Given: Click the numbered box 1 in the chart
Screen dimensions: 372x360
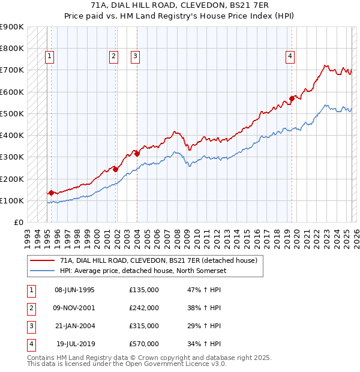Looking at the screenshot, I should tap(49, 57).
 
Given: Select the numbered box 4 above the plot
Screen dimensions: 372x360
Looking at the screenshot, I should tap(290, 57).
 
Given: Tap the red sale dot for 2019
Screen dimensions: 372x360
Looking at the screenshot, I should tap(292, 98).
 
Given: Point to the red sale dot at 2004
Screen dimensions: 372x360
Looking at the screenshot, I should tap(137, 154).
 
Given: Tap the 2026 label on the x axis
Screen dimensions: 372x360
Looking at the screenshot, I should tap(355, 235).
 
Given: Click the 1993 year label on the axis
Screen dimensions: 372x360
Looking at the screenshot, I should tap(28, 235).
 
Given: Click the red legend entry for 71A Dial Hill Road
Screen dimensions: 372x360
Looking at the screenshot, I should tap(158, 260).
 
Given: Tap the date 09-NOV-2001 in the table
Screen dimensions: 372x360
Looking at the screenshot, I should tap(74, 308).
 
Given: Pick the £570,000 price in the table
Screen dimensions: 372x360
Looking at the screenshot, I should tap(144, 344).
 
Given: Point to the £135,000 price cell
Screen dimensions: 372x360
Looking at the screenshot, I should tap(144, 290).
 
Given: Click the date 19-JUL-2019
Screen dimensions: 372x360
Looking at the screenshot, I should tap(74, 344).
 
